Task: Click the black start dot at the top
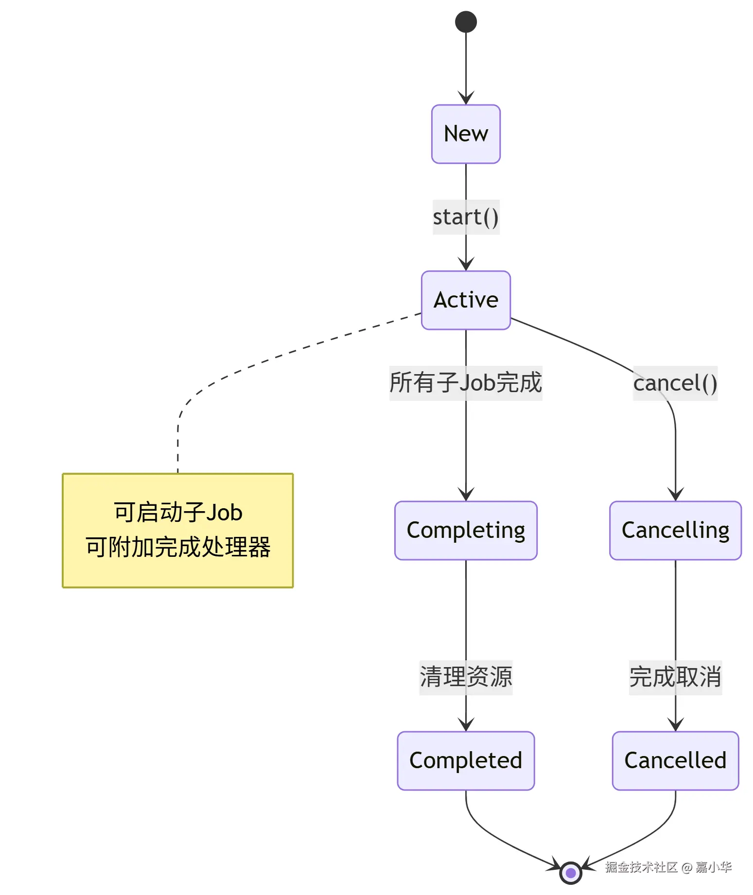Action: pyautogui.click(x=466, y=22)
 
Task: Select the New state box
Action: pyautogui.click(x=466, y=134)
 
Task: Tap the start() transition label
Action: pyautogui.click(x=466, y=217)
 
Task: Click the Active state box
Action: pyautogui.click(x=466, y=300)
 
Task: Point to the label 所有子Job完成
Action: pyautogui.click(x=465, y=383)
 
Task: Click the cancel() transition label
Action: pyautogui.click(x=675, y=383)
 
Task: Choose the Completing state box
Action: pyautogui.click(x=466, y=531)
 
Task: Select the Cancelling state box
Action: pyautogui.click(x=675, y=531)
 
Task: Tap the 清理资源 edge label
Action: pyautogui.click(x=466, y=677)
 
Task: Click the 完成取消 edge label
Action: pyautogui.click(x=675, y=677)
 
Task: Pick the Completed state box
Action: pyautogui.click(x=466, y=761)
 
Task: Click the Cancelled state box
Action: pyautogui.click(x=675, y=761)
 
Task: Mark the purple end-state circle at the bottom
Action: pyautogui.click(x=571, y=873)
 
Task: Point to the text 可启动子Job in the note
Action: pyautogui.click(x=178, y=513)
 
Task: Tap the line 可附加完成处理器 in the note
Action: pyautogui.click(x=178, y=548)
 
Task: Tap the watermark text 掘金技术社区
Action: pyautogui.click(x=641, y=867)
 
